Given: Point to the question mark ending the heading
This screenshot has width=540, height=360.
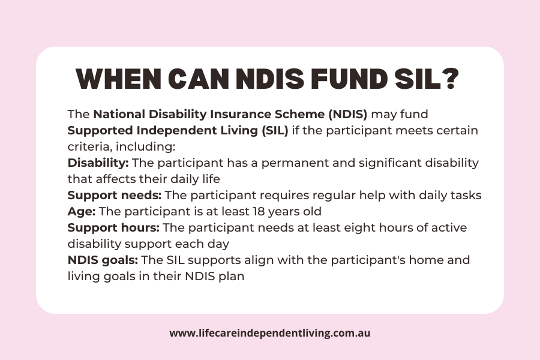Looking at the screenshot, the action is [450, 79].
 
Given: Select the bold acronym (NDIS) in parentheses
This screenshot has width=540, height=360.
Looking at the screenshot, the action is [348, 115].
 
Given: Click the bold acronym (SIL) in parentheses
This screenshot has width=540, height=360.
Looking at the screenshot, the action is [275, 131].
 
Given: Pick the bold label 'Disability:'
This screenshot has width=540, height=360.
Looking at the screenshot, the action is [98, 163].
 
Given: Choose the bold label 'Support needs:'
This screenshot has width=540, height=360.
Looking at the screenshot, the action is [115, 196].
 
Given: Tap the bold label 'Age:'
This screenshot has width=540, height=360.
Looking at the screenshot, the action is [82, 212].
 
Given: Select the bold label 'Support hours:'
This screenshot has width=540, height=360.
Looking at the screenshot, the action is [113, 228].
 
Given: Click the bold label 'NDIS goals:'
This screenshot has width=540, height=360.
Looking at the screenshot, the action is [103, 260].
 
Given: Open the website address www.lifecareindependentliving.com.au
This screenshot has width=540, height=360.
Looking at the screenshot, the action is [270, 334].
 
